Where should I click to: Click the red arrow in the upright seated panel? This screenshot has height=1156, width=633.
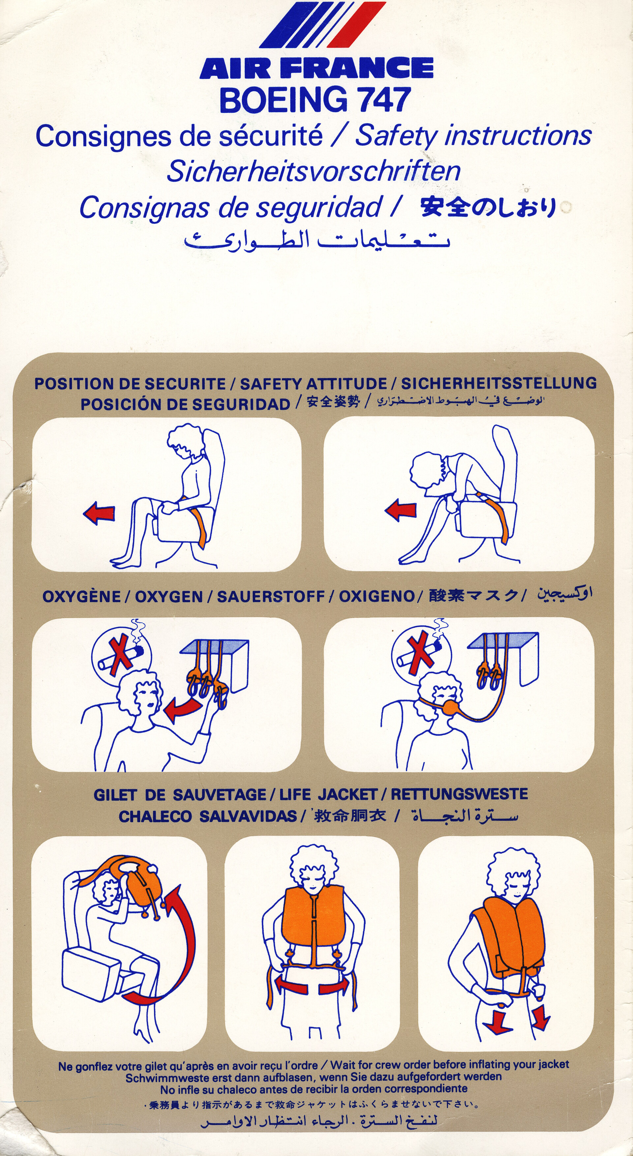point(99,514)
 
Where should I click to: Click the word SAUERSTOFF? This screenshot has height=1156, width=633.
point(271,596)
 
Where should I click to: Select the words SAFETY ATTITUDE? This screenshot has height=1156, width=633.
point(313,384)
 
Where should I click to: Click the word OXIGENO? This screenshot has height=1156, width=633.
point(376,596)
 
